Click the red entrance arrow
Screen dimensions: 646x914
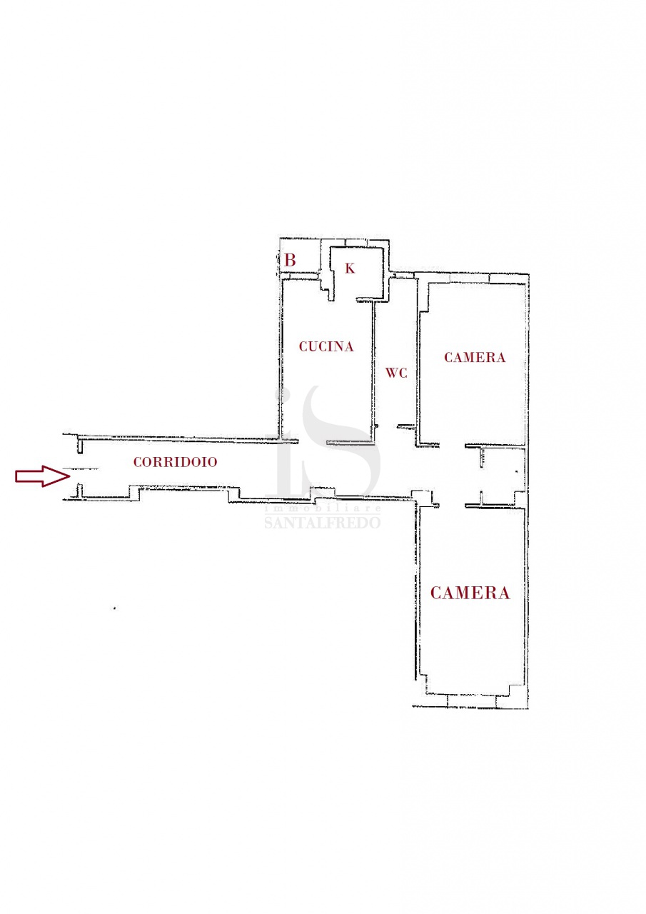pos(42,476)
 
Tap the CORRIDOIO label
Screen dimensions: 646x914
pos(175,462)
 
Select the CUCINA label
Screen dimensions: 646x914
pos(325,346)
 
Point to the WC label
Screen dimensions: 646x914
pos(396,373)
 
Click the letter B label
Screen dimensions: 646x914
pos(290,260)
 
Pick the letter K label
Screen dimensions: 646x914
pos(350,268)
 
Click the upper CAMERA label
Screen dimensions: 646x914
pos(475,358)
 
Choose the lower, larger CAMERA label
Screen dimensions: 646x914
pos(470,593)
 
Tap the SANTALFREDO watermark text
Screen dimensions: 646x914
pos(323,523)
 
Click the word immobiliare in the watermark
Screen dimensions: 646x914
pos(323,509)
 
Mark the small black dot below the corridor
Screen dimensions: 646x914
pos(115,608)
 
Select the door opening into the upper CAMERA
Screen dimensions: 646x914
pos(453,445)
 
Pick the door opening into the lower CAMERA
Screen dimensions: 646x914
pos(453,506)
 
